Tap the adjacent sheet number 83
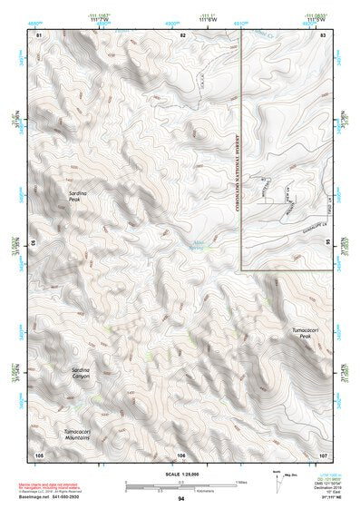(x=324, y=34)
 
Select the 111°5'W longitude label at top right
(x=316, y=17)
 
